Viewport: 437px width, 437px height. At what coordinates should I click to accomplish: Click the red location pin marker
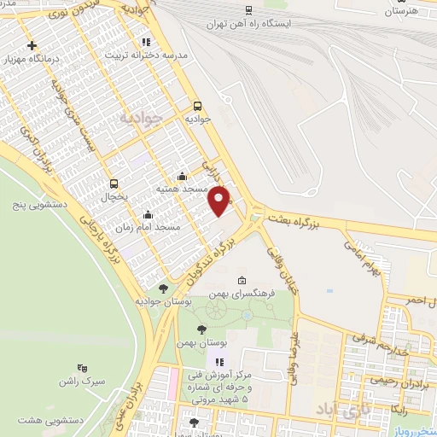pyautogui.click(x=220, y=201)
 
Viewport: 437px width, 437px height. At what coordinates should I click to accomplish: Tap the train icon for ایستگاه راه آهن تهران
pyautogui.click(x=248, y=10)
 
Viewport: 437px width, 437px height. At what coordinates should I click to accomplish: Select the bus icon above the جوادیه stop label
pyautogui.click(x=198, y=107)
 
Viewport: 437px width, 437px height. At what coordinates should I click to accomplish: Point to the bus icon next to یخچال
pyautogui.click(x=114, y=183)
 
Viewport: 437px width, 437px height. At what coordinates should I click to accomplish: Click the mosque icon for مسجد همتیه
pyautogui.click(x=182, y=177)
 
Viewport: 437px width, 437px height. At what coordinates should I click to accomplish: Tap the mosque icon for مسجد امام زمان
pyautogui.click(x=149, y=215)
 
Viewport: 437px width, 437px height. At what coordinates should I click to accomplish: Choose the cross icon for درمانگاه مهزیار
pyautogui.click(x=32, y=45)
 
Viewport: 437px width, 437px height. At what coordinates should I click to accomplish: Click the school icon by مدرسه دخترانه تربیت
pyautogui.click(x=146, y=41)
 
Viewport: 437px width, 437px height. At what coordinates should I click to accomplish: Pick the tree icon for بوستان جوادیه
pyautogui.click(x=163, y=288)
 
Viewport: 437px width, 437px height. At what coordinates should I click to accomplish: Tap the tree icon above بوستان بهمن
pyautogui.click(x=201, y=329)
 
